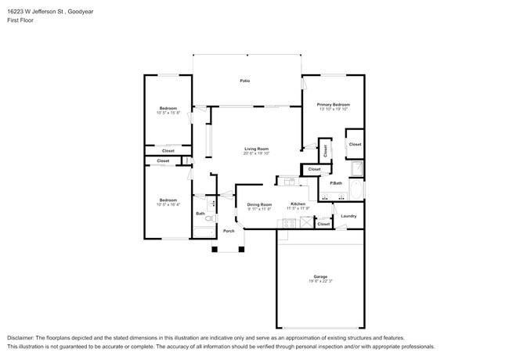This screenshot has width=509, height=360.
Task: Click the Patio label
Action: point(244,81)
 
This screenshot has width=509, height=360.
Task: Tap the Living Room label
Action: point(256,149)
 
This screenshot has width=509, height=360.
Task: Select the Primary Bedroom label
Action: point(333,104)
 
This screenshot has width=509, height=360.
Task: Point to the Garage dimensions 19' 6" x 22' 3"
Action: point(319,282)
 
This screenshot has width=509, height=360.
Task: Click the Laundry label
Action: point(348,216)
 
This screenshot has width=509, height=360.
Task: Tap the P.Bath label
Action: point(335,183)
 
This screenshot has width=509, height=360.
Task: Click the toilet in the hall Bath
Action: point(208,221)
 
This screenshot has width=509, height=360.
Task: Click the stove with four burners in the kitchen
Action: point(287,222)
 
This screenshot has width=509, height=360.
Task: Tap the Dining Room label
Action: point(259,204)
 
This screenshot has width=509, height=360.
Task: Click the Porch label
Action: point(229,231)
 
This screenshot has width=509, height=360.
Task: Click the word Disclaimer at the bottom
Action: point(21,336)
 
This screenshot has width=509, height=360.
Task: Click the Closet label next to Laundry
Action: point(323,224)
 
